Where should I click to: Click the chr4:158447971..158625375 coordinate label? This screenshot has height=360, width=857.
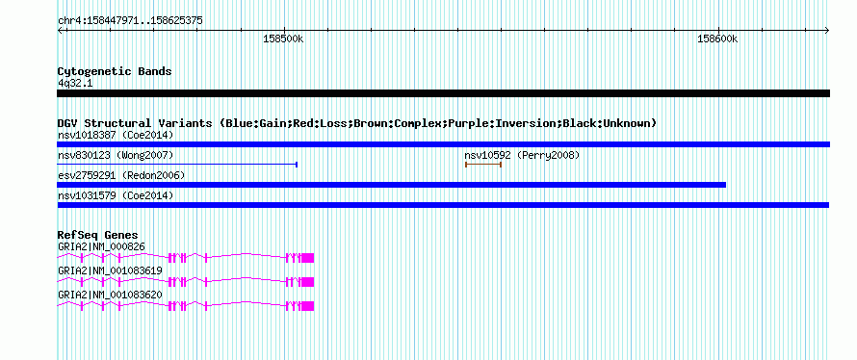[x=130, y=21]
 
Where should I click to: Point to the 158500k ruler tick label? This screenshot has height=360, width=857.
[x=284, y=39]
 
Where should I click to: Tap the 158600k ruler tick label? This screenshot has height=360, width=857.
[x=717, y=39]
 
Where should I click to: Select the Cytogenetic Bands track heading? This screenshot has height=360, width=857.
[x=115, y=71]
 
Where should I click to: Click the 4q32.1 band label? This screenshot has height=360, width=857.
[x=75, y=84]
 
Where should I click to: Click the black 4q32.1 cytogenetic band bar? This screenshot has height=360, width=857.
[x=443, y=93]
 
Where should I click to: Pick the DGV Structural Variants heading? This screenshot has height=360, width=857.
[x=357, y=123]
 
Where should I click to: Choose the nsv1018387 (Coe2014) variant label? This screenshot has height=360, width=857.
[x=116, y=135]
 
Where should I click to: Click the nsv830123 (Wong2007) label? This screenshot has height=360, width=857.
[x=116, y=155]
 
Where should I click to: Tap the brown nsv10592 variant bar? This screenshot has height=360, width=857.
[x=483, y=164]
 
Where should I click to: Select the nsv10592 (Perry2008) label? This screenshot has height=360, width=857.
[x=522, y=155]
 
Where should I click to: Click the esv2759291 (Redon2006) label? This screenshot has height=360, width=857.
[x=121, y=175]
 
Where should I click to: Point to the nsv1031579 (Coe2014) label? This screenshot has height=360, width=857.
[x=116, y=195]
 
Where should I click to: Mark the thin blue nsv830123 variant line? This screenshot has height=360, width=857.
[x=177, y=164]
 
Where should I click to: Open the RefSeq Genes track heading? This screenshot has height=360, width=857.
[x=98, y=236]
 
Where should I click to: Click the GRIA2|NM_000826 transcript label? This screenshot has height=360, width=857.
[x=102, y=247]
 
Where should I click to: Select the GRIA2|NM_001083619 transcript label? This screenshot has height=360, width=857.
[x=110, y=270]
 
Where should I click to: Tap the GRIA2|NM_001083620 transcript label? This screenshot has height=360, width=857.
[x=110, y=295]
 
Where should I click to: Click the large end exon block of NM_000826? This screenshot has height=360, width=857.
[x=308, y=258]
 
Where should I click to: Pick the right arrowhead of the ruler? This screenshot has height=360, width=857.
[x=827, y=31]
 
